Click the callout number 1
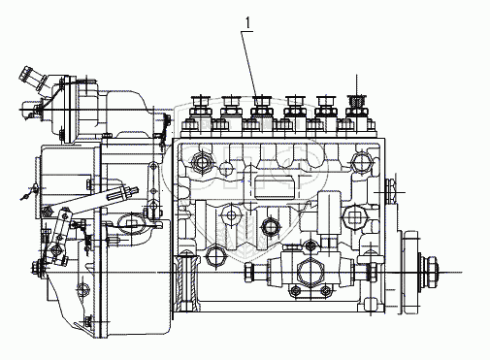[247, 23]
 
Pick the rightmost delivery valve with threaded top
[356, 107]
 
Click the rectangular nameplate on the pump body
[275, 187]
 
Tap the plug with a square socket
[354, 215]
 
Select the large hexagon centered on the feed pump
[310, 272]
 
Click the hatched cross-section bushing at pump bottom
[186, 281]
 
